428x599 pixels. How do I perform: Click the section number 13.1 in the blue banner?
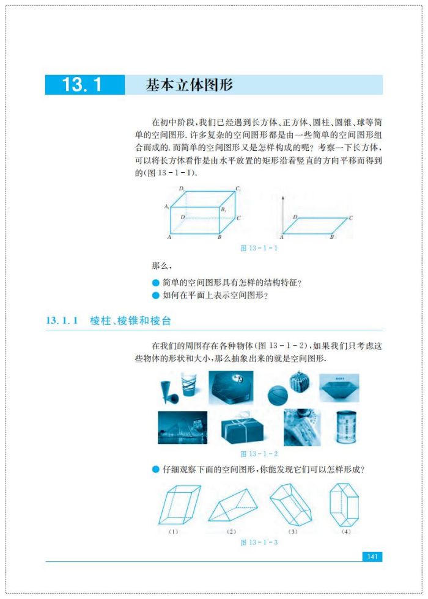[x=82, y=85]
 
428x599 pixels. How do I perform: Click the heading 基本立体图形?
[x=189, y=85]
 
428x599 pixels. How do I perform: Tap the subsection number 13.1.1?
[x=61, y=321]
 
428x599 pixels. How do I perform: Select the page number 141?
[x=372, y=556]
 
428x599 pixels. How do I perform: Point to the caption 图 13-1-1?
[x=259, y=248]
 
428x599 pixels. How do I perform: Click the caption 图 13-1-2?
[x=259, y=454]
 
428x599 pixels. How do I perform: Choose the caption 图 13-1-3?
[x=259, y=542]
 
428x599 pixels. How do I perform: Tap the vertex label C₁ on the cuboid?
[x=238, y=189]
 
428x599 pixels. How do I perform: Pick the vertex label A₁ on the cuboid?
[x=166, y=207]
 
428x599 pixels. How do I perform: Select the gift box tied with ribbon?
[x=243, y=428]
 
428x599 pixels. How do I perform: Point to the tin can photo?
[x=346, y=427]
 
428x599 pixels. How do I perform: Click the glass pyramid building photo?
[x=182, y=427]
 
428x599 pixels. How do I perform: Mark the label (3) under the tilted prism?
[x=293, y=532]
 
